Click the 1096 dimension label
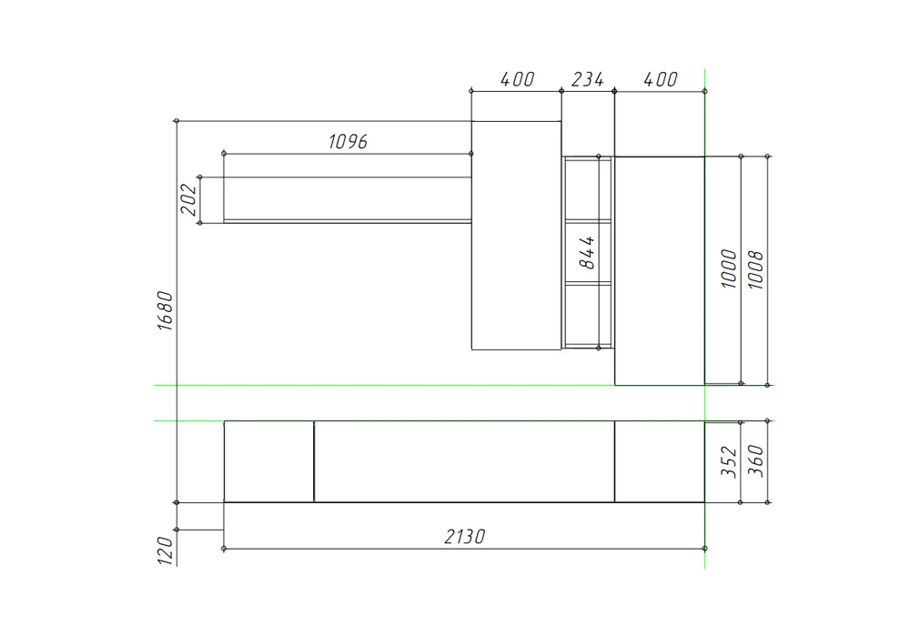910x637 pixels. (x=348, y=142)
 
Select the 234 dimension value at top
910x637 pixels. (x=587, y=79)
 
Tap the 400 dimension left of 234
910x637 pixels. (x=517, y=79)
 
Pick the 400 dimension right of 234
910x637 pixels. (x=661, y=79)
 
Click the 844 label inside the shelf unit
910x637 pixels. (x=587, y=252)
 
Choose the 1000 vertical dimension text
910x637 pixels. (x=729, y=268)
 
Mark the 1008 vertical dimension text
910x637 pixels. (x=755, y=269)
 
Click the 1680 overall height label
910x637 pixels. (x=166, y=311)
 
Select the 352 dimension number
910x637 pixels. (x=729, y=461)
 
